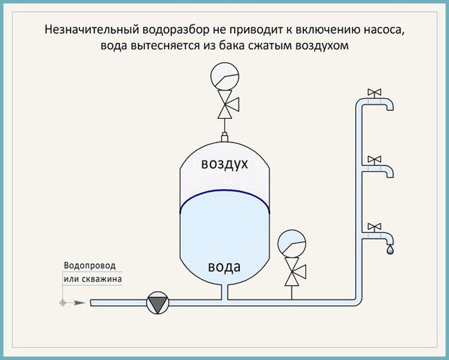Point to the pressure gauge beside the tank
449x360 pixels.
tap(290, 243)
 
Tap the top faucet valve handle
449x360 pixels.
tap(374, 92)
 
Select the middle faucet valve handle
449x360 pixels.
tap(374, 159)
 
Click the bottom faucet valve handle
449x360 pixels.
tap(374, 226)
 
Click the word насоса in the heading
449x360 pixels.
tap(383, 30)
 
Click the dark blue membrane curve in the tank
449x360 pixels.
tap(224, 195)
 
